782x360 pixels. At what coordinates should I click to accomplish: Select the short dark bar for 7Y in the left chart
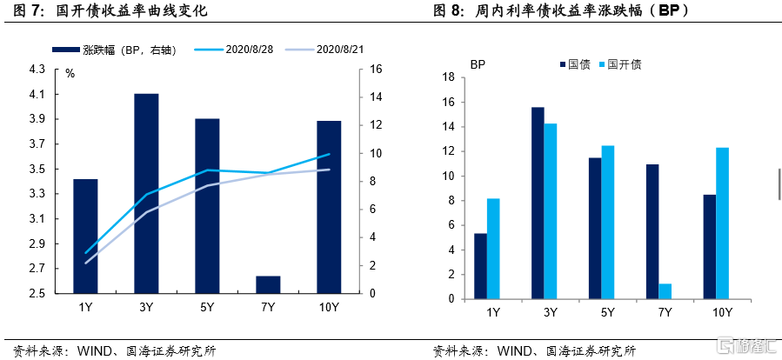[x=268, y=284]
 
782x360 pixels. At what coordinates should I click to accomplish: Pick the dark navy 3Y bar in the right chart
[x=538, y=203]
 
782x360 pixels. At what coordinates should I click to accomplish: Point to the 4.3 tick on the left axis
[x=37, y=69]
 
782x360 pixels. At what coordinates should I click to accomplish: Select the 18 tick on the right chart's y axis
[x=450, y=77]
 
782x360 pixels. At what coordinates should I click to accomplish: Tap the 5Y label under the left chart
[x=207, y=307]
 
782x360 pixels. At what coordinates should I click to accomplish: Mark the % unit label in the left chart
[x=70, y=73]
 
